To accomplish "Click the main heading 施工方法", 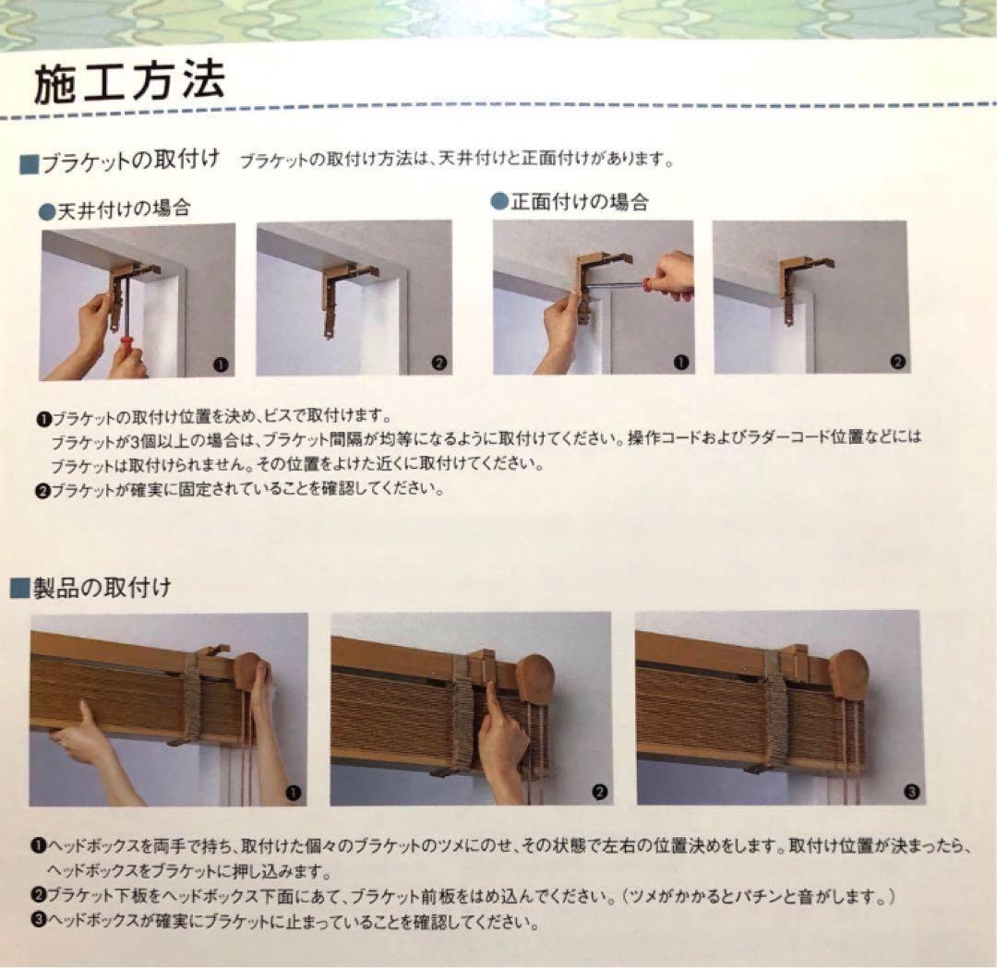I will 128,84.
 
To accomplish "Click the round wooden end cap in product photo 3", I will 847,675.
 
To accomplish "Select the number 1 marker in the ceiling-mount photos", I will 220,364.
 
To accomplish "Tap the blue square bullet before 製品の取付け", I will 18,589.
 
